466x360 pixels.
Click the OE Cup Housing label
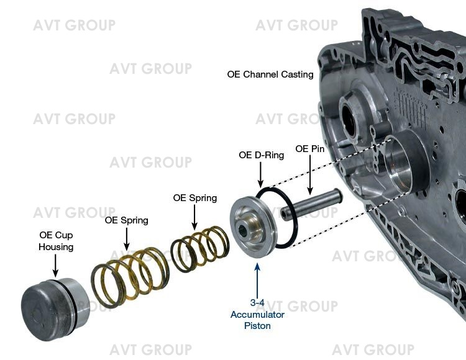[x=56, y=241]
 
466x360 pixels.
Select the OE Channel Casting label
[x=270, y=74]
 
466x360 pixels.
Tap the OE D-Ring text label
[x=261, y=155]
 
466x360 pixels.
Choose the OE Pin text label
[x=311, y=149]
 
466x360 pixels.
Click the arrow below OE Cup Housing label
[x=56, y=265]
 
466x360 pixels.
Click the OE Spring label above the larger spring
[x=127, y=220]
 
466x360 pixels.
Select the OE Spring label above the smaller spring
[x=195, y=198]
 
